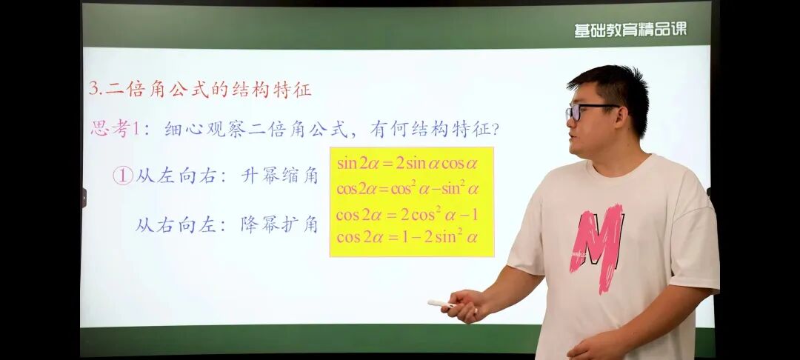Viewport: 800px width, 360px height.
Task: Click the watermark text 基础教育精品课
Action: click(x=630, y=29)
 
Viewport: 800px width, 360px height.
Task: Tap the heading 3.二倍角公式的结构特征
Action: click(x=200, y=90)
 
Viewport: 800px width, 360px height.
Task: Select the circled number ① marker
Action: click(x=123, y=176)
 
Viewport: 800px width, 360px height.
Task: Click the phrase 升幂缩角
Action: click(x=279, y=176)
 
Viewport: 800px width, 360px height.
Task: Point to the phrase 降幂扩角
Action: click(x=279, y=224)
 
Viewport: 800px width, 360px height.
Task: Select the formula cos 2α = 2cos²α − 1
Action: click(x=407, y=216)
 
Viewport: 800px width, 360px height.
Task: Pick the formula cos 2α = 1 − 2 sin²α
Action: click(x=407, y=238)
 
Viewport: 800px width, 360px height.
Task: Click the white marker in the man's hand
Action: click(x=441, y=303)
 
